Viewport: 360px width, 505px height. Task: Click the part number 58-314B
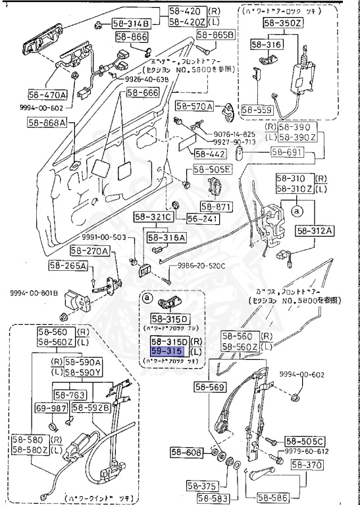coord(133,24)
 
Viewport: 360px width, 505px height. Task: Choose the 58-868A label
coord(47,122)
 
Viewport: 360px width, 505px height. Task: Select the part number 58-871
coord(217,206)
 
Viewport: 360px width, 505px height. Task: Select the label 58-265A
coord(68,266)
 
